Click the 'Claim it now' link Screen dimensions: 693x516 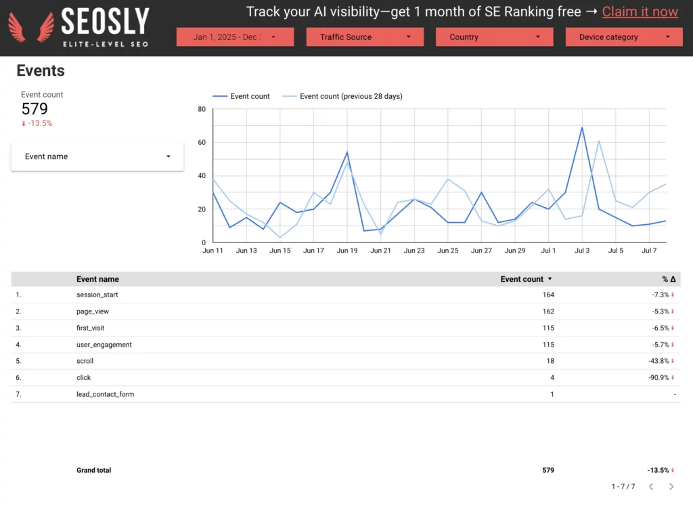[640, 12]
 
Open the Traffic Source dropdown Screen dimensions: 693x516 [365, 37]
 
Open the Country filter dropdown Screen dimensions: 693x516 [494, 37]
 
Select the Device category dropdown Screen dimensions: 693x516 [623, 37]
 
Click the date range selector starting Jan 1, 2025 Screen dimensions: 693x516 [235, 37]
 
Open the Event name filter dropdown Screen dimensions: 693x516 [97, 156]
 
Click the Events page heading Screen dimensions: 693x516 [41, 70]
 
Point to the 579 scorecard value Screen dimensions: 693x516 [35, 109]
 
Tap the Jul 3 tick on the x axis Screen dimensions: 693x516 [582, 251]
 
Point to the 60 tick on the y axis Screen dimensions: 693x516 [202, 142]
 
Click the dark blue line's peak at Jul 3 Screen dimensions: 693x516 [582, 128]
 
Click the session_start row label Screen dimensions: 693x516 [97, 295]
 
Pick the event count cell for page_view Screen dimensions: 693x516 [548, 311]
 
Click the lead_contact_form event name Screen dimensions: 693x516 [105, 394]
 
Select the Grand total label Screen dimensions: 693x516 [93, 471]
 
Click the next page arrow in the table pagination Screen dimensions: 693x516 [671, 487]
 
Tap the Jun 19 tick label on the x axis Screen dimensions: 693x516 [347, 251]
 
